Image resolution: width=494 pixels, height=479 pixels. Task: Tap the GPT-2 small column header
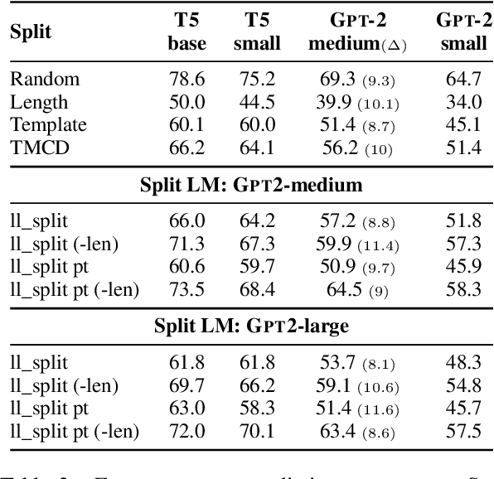[463, 32]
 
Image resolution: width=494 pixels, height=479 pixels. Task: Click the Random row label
[45, 80]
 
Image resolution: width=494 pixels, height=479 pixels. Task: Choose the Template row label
[48, 125]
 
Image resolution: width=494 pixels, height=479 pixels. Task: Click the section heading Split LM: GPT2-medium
[251, 186]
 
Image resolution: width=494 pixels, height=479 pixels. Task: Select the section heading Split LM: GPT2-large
[251, 326]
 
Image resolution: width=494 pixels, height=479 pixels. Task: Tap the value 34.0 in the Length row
[463, 103]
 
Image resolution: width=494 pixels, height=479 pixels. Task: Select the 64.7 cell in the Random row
[463, 80]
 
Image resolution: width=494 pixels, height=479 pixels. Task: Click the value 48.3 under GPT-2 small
[463, 362]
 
